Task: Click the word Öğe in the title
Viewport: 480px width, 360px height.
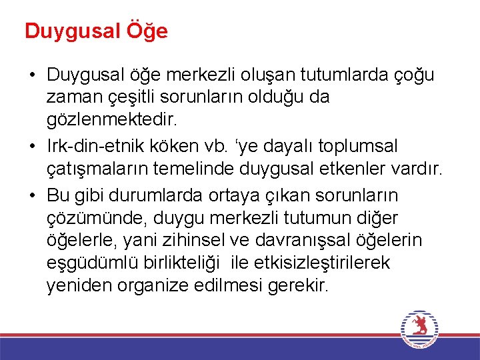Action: [145, 31]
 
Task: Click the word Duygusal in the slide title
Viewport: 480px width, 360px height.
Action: [71, 31]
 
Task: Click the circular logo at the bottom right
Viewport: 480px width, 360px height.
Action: [419, 328]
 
